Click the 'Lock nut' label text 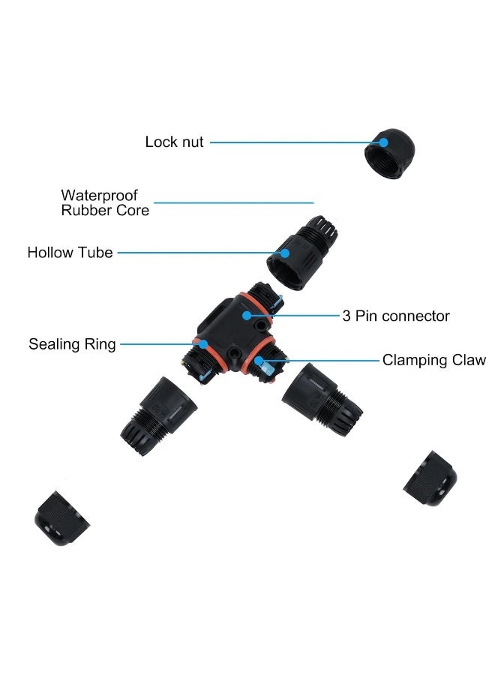(x=174, y=142)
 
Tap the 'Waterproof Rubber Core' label (x=104, y=202)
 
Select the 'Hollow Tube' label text (x=70, y=253)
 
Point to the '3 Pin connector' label (x=396, y=316)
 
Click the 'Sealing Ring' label (x=72, y=344)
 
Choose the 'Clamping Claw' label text (x=433, y=360)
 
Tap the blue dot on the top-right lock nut (x=384, y=142)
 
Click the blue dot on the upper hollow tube (x=284, y=253)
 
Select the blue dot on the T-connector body (x=247, y=316)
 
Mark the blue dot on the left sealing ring (x=203, y=344)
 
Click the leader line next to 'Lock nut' (x=292, y=142)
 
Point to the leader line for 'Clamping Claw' (x=322, y=361)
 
